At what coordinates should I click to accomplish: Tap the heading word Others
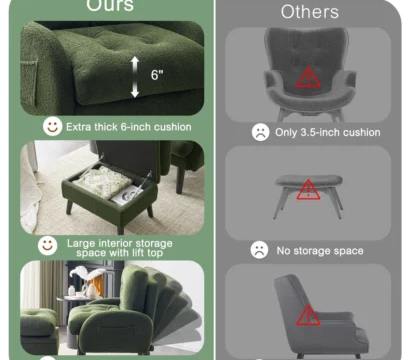pyautogui.click(x=309, y=12)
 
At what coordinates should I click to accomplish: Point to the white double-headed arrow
pyautogui.click(x=135, y=77)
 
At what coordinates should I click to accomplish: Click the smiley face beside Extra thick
pyautogui.click(x=51, y=126)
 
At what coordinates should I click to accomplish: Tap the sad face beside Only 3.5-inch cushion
pyautogui.click(x=260, y=132)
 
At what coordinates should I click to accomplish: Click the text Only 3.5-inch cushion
pyautogui.click(x=328, y=132)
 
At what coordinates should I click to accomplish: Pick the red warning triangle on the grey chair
pyautogui.click(x=308, y=78)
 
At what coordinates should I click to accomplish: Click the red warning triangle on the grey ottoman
pyautogui.click(x=308, y=188)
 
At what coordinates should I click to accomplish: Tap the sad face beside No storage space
pyautogui.click(x=259, y=250)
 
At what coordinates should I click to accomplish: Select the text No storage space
pyautogui.click(x=319, y=250)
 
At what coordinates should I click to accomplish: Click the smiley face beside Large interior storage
pyautogui.click(x=47, y=244)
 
